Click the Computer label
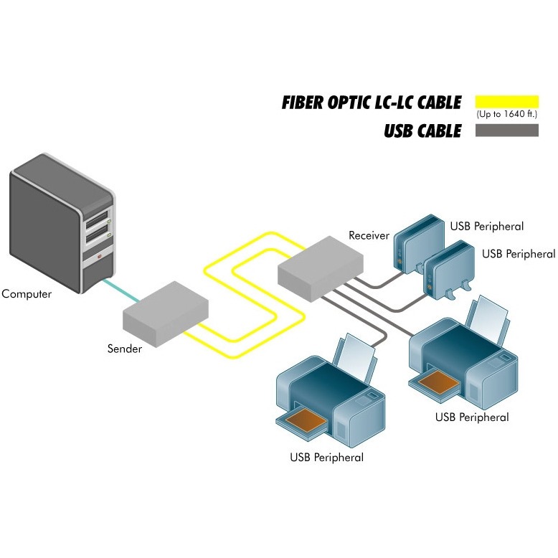coord(27,294)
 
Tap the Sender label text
coord(125,349)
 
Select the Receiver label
coord(369,235)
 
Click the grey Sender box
coord(166,309)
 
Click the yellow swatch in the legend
coord(506,100)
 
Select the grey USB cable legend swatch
coord(506,131)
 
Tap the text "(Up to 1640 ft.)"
coord(506,114)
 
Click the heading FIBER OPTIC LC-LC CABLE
coord(372,103)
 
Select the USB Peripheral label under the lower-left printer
coord(326,458)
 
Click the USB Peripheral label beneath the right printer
coord(472,417)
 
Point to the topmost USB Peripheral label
coord(487,227)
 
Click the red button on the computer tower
coord(100,255)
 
